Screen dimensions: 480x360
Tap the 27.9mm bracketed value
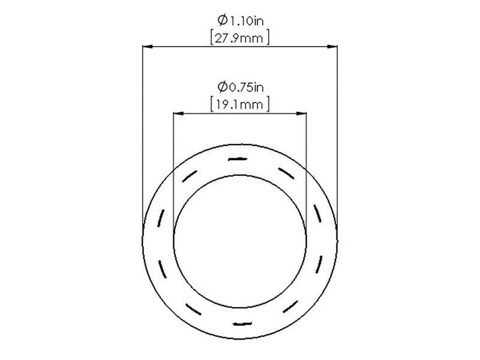pyautogui.click(x=240, y=38)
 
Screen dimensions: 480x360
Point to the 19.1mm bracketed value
pyautogui.click(x=240, y=104)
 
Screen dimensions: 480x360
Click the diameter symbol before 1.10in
pyautogui.click(x=223, y=20)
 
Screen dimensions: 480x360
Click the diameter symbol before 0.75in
pyautogui.click(x=223, y=87)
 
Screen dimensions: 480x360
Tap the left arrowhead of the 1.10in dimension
pyautogui.click(x=148, y=47)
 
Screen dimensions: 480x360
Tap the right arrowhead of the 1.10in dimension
pyautogui.click(x=332, y=47)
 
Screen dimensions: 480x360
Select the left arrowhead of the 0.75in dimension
pyautogui.click(x=178, y=113)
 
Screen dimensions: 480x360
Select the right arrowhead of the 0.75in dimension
pyautogui.click(x=301, y=113)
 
